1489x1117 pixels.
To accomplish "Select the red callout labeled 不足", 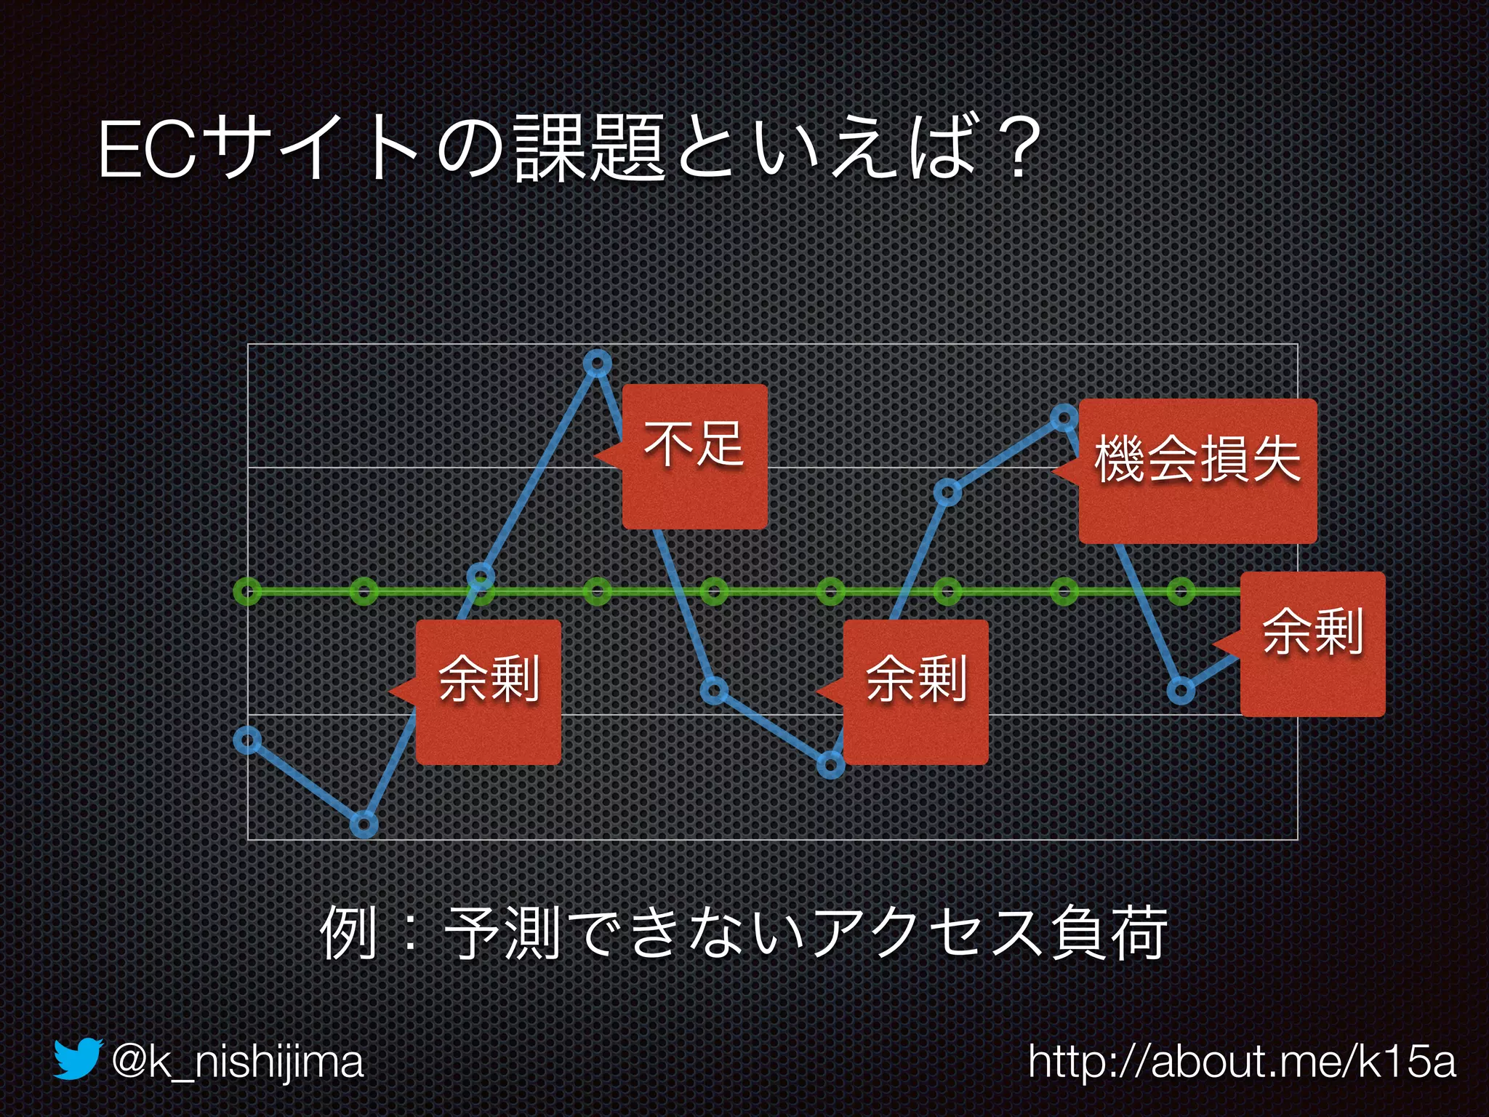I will [x=694, y=457].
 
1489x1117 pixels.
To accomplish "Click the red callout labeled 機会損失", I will [x=1197, y=471].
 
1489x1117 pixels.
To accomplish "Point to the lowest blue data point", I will [x=364, y=825].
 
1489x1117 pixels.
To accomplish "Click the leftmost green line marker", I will [x=247, y=591].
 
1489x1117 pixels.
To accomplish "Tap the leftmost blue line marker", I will [x=247, y=740].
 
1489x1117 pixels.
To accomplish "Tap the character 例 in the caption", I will [x=349, y=933].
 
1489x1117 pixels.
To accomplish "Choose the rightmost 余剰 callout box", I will [x=1312, y=644].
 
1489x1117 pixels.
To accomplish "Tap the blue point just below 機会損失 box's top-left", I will [x=1064, y=417].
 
